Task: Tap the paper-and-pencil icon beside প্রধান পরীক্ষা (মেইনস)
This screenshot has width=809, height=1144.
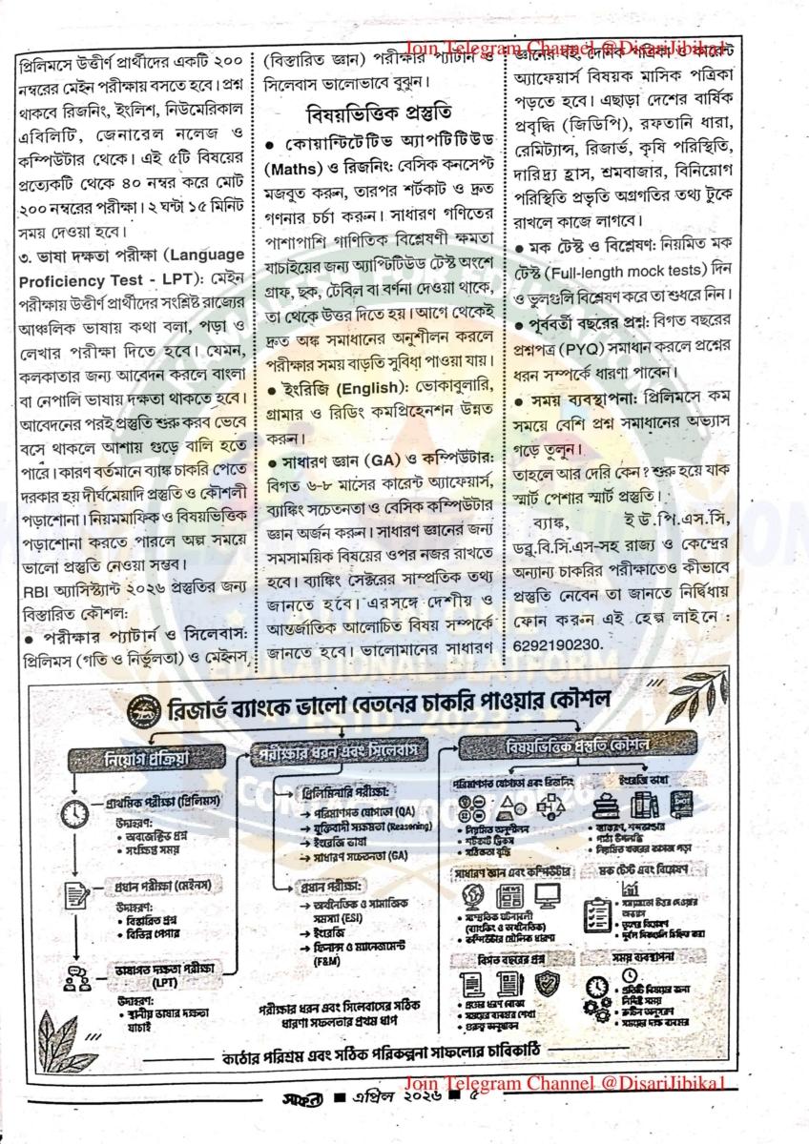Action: [x=75, y=894]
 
